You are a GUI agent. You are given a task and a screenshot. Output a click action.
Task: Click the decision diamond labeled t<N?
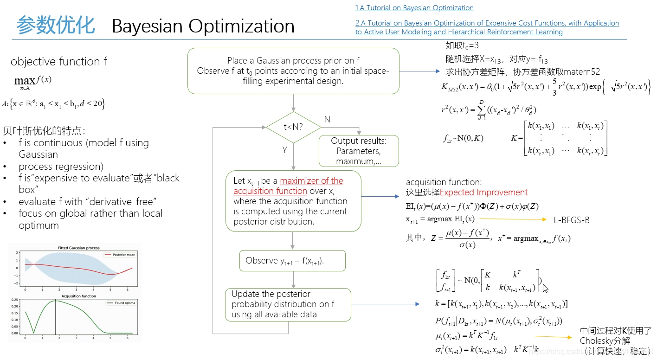[x=293, y=127]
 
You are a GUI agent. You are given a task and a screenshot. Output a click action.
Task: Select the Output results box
[x=359, y=151]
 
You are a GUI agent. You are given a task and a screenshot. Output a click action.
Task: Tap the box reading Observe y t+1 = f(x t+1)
[x=292, y=261]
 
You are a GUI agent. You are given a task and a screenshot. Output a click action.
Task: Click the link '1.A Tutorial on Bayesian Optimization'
[x=414, y=8]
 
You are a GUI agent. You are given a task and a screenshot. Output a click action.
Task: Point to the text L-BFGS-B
[x=572, y=220]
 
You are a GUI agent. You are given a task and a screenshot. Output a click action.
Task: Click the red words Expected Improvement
[x=483, y=193]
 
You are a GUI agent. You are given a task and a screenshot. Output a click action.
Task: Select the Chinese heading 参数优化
[x=56, y=25]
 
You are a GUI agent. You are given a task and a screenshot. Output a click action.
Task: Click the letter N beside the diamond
[x=327, y=120]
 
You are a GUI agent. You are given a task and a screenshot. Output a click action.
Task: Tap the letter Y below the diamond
[x=284, y=150]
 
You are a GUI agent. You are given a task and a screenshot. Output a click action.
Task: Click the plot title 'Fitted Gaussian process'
[x=78, y=248]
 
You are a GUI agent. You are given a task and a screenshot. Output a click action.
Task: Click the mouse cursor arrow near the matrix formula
[x=545, y=288]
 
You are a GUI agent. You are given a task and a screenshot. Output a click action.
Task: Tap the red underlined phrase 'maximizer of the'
[x=311, y=181]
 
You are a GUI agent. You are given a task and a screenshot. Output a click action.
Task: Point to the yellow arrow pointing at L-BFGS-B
[x=513, y=219]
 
